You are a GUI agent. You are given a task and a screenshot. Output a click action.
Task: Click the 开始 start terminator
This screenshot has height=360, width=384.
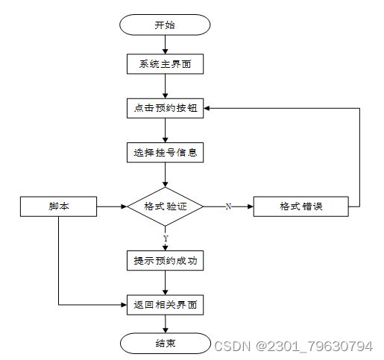tap(165, 25)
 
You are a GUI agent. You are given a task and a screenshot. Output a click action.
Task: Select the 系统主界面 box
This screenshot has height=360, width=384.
tap(165, 64)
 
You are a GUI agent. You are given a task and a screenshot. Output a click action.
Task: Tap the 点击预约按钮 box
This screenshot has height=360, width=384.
tap(165, 108)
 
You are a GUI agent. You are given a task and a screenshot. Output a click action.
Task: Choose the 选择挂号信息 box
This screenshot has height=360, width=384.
tap(165, 153)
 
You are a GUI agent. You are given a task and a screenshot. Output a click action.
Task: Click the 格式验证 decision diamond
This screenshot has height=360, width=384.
tap(165, 206)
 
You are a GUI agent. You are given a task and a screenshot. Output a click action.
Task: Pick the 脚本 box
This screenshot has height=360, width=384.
tap(58, 206)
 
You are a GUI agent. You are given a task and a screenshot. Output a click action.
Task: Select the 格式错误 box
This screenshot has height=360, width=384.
tap(300, 206)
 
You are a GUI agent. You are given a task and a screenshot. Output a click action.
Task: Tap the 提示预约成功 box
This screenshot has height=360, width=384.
tap(165, 261)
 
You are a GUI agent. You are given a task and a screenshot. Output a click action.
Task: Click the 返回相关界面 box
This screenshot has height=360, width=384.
tap(165, 305)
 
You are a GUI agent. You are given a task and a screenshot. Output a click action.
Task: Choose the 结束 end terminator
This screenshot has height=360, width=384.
tap(165, 344)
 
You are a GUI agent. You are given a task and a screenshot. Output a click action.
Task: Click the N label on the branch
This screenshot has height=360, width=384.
tap(228, 206)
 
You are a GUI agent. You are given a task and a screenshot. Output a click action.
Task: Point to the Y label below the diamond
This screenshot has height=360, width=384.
tap(166, 239)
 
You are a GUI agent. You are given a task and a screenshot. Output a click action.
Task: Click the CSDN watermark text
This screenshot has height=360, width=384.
tap(293, 346)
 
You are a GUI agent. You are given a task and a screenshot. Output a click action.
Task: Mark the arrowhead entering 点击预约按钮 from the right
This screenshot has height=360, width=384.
tap(207, 108)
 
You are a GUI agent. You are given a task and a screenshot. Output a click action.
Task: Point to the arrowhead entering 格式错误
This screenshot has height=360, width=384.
tap(251, 206)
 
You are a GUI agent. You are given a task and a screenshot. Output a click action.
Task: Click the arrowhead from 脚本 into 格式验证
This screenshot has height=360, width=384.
tap(124, 206)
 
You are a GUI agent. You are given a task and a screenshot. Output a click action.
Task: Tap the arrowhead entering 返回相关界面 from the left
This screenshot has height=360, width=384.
tap(124, 305)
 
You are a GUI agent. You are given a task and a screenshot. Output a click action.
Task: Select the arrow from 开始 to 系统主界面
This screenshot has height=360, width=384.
tap(165, 45)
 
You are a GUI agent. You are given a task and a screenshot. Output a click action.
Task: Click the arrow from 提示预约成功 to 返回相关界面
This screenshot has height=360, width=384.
tap(165, 282)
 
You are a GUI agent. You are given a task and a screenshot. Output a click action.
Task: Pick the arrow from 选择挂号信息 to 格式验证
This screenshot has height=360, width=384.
tap(165, 174)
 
